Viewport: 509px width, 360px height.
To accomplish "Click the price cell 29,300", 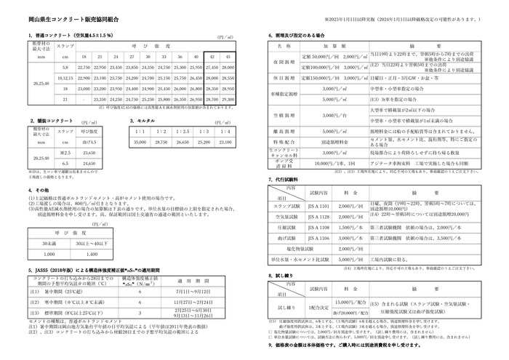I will click(228, 98).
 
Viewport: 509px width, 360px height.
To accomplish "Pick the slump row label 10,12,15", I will click(63, 77).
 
